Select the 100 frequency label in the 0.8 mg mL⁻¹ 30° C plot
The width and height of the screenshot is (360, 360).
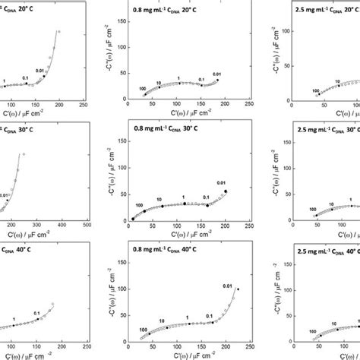click(x=139, y=206)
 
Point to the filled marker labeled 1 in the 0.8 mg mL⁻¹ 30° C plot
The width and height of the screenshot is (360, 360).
click(x=183, y=203)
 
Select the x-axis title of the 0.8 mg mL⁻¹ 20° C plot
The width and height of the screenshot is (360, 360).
click(x=189, y=115)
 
